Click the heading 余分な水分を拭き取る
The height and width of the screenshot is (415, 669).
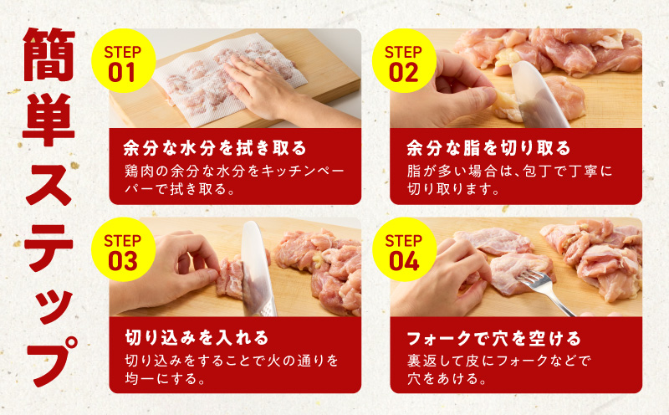point(215,149)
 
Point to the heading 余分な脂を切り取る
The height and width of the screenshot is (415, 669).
point(488,149)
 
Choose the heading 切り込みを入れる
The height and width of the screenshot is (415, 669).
point(197,338)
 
